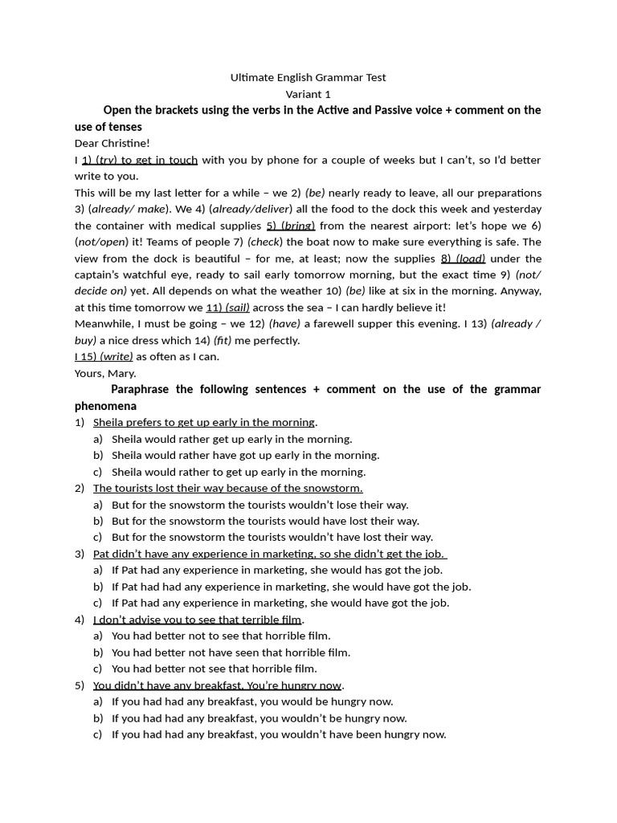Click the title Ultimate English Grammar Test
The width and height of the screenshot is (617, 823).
[x=308, y=77]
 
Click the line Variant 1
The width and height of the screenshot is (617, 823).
[x=308, y=93]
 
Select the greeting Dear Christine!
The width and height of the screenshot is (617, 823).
[x=112, y=143]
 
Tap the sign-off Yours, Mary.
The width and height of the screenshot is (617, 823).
[x=105, y=373]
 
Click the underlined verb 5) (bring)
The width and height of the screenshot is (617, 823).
[x=291, y=225]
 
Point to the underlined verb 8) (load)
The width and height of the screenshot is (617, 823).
[x=463, y=258]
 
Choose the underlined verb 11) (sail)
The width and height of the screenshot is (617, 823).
[x=228, y=307]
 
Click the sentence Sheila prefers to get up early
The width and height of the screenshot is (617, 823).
[x=204, y=422]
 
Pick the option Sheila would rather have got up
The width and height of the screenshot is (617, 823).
[x=245, y=455]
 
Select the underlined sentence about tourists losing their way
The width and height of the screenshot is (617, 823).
[x=227, y=488]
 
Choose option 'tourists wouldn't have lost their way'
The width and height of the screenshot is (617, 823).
[x=272, y=537]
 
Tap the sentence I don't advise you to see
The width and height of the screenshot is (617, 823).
[x=197, y=619]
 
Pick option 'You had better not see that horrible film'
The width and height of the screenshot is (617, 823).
[x=214, y=668]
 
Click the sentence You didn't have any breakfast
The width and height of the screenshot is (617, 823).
[x=218, y=685]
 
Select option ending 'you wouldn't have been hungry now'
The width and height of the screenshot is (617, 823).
[x=278, y=734]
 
